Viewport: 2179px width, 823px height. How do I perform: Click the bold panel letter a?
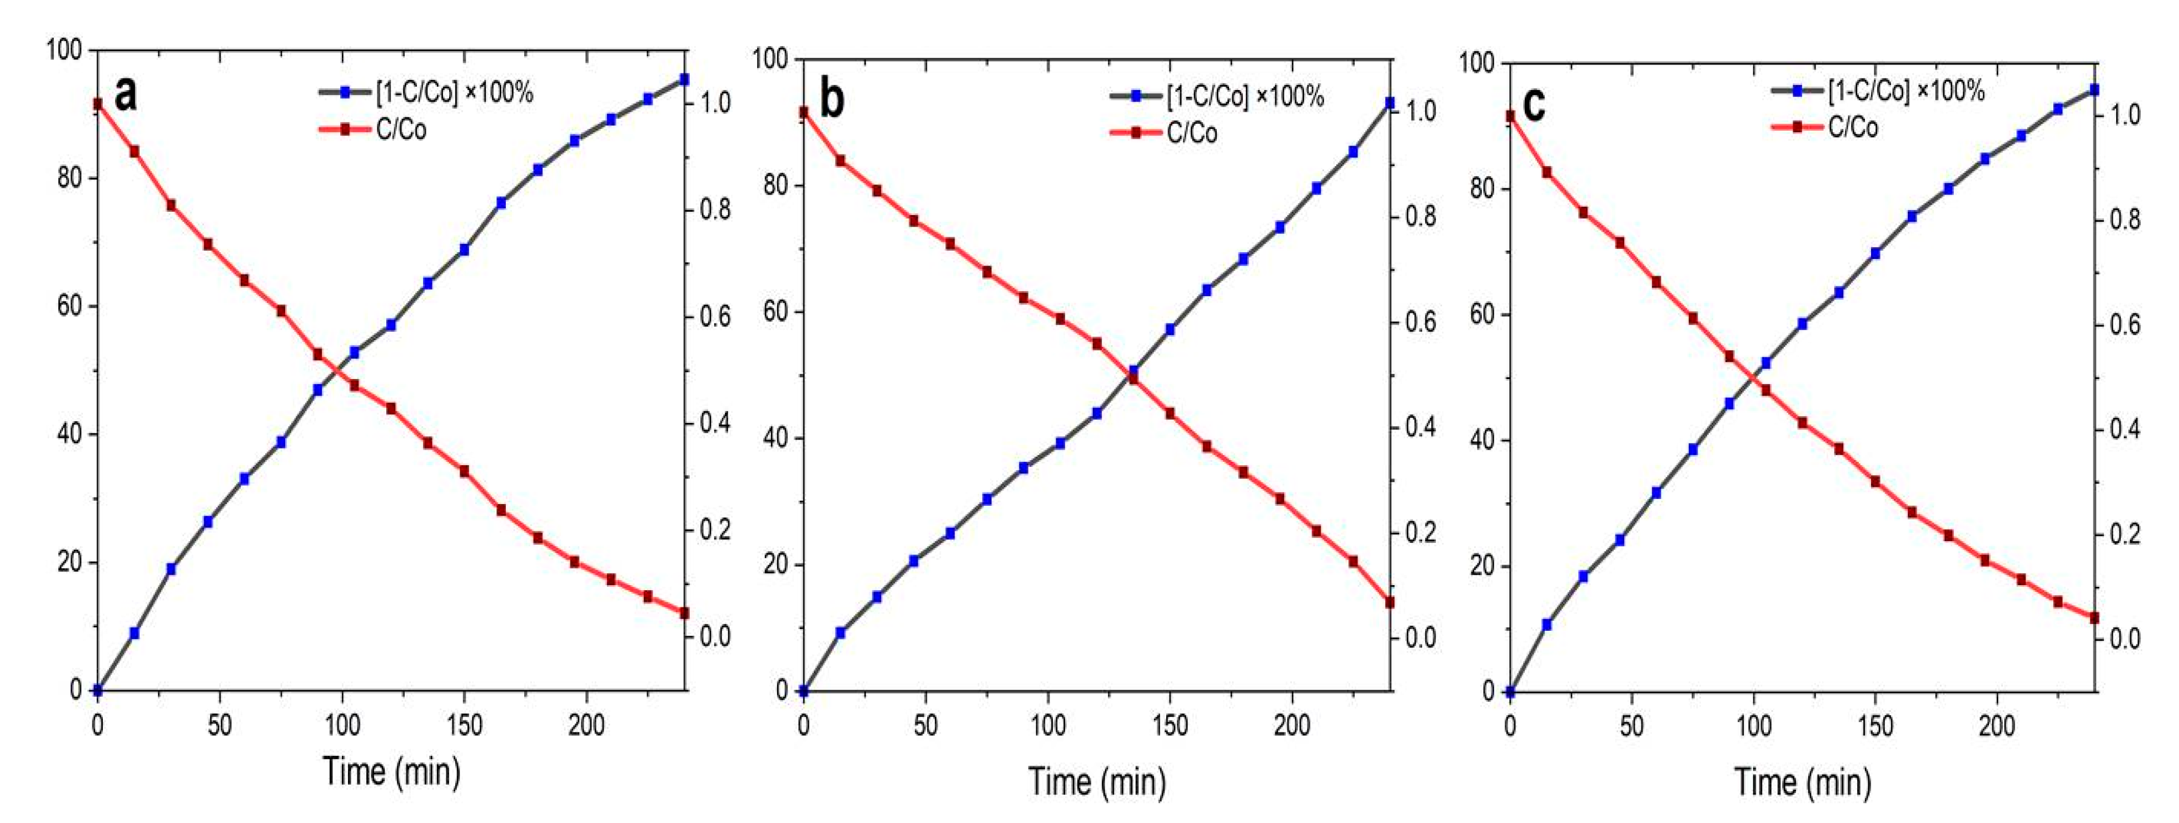tap(125, 94)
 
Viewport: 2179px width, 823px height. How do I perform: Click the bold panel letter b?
tap(832, 100)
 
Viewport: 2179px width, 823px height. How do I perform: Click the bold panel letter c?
tap(1534, 105)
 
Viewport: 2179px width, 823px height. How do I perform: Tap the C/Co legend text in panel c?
tap(1853, 128)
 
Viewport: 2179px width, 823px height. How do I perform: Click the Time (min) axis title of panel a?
tap(392, 771)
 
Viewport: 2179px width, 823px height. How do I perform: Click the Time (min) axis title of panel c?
tap(1803, 781)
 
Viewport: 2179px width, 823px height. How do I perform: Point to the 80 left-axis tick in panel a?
tap(69, 178)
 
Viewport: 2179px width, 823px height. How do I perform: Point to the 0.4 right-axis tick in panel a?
tap(715, 423)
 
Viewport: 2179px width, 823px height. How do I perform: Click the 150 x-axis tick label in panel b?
tap(1170, 725)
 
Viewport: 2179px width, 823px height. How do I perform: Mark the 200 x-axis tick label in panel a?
tap(585, 725)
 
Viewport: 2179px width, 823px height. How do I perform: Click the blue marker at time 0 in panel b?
tap(804, 690)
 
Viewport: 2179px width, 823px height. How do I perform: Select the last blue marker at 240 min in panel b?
tap(1389, 102)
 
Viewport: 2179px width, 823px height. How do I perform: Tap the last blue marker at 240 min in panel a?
tap(684, 79)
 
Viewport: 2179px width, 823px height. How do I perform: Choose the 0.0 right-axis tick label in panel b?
tap(1419, 637)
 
